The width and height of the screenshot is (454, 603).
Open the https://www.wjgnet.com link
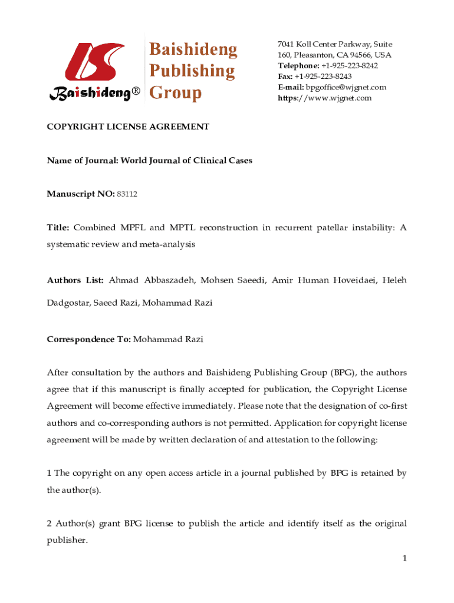(x=324, y=98)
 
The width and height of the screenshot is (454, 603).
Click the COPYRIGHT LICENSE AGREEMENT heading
(x=129, y=127)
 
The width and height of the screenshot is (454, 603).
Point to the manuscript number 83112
(x=127, y=194)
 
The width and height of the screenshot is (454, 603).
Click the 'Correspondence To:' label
(x=89, y=339)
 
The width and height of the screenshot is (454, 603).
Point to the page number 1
(x=404, y=558)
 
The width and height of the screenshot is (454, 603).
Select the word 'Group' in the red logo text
(x=176, y=92)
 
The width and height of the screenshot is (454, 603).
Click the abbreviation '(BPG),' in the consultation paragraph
(x=343, y=372)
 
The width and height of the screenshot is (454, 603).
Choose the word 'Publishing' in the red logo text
(x=192, y=71)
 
